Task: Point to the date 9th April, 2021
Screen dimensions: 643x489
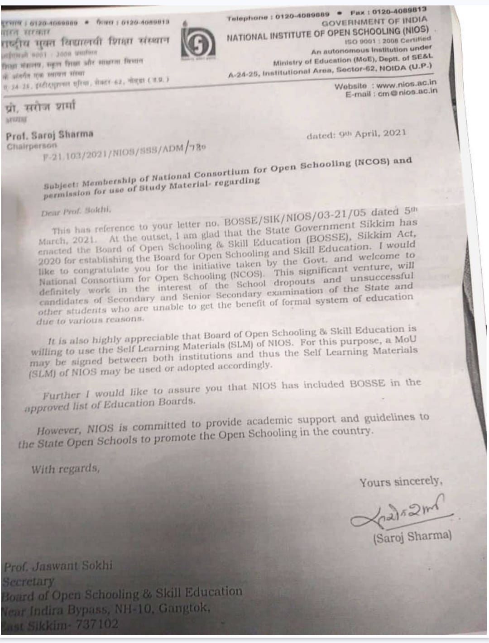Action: pyautogui.click(x=356, y=134)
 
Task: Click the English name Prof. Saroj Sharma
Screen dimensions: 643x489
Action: pyautogui.click(x=49, y=134)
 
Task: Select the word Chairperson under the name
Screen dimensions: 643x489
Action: pyautogui.click(x=32, y=146)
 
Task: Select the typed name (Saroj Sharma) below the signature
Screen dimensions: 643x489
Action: pyautogui.click(x=412, y=537)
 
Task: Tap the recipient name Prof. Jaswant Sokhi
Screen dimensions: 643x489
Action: pyautogui.click(x=58, y=566)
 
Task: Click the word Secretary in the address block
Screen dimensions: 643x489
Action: pyautogui.click(x=29, y=581)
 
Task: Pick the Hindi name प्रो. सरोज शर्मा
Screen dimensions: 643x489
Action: pyautogui.click(x=41, y=107)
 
